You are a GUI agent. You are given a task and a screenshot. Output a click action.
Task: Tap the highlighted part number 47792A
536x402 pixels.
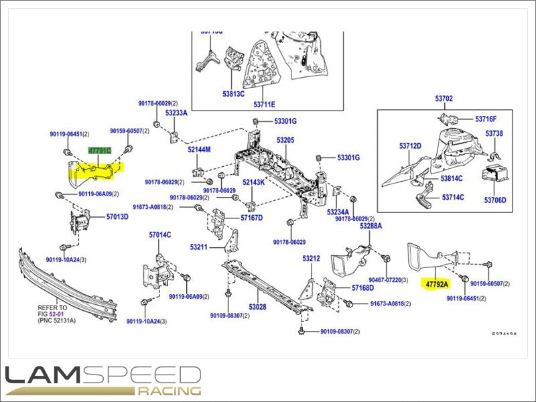click(437, 284)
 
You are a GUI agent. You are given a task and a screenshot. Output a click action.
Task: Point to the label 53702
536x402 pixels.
click(444, 98)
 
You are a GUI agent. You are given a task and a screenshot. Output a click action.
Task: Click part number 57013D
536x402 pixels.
click(117, 217)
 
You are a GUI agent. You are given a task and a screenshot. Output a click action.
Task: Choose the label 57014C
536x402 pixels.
click(160, 234)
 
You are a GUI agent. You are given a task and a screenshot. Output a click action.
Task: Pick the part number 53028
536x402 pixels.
click(258, 307)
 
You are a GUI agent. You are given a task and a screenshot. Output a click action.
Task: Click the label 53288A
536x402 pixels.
click(371, 226)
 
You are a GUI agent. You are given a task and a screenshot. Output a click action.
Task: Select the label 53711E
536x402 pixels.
click(264, 105)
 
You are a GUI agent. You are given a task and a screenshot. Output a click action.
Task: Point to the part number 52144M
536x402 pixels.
click(199, 149)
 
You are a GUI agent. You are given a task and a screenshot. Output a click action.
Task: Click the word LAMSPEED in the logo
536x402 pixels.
click(100, 375)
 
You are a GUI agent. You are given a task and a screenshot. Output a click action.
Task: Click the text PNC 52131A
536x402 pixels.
click(59, 321)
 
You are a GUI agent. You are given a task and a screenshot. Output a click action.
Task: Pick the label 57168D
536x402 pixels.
click(362, 288)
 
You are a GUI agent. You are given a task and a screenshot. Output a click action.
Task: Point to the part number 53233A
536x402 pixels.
click(176, 113)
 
